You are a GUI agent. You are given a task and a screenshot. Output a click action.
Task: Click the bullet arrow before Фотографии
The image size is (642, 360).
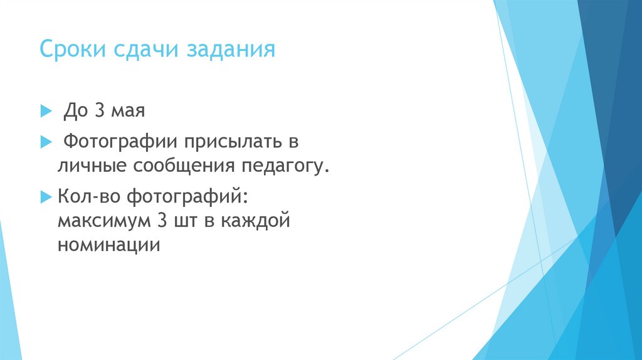click(45, 142)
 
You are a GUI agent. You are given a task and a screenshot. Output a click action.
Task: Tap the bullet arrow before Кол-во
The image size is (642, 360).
click(45, 197)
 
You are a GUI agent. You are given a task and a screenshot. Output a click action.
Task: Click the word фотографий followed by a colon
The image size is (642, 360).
click(188, 197)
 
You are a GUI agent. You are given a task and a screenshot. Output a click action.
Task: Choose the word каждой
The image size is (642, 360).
click(261, 221)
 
